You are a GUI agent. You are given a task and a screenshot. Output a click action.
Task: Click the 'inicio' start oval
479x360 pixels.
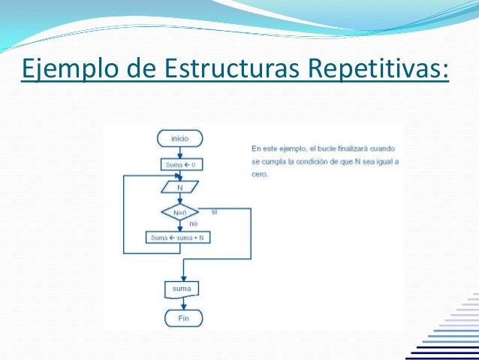[179, 138]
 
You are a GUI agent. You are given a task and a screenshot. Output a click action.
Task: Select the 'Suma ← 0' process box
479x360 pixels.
[179, 164]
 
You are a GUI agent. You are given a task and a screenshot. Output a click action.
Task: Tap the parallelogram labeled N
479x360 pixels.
[179, 187]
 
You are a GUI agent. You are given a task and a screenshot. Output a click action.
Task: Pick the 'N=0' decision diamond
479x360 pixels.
[179, 212]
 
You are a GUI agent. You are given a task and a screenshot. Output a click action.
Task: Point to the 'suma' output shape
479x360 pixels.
[181, 288]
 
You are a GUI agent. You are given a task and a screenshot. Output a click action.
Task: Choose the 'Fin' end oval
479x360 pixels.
[183, 318]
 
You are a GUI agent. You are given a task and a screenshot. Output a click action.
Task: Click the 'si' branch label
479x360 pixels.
[214, 211]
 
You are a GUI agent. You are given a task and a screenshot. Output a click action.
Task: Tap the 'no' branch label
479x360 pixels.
[193, 223]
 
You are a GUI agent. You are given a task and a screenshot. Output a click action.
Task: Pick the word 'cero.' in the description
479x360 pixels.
[260, 174]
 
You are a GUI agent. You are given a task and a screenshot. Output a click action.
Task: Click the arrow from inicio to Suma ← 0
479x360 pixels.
[179, 152]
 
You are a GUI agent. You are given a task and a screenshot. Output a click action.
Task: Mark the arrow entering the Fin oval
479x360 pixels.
[182, 305]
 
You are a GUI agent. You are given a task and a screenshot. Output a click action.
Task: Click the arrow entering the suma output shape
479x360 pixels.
[182, 274]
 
